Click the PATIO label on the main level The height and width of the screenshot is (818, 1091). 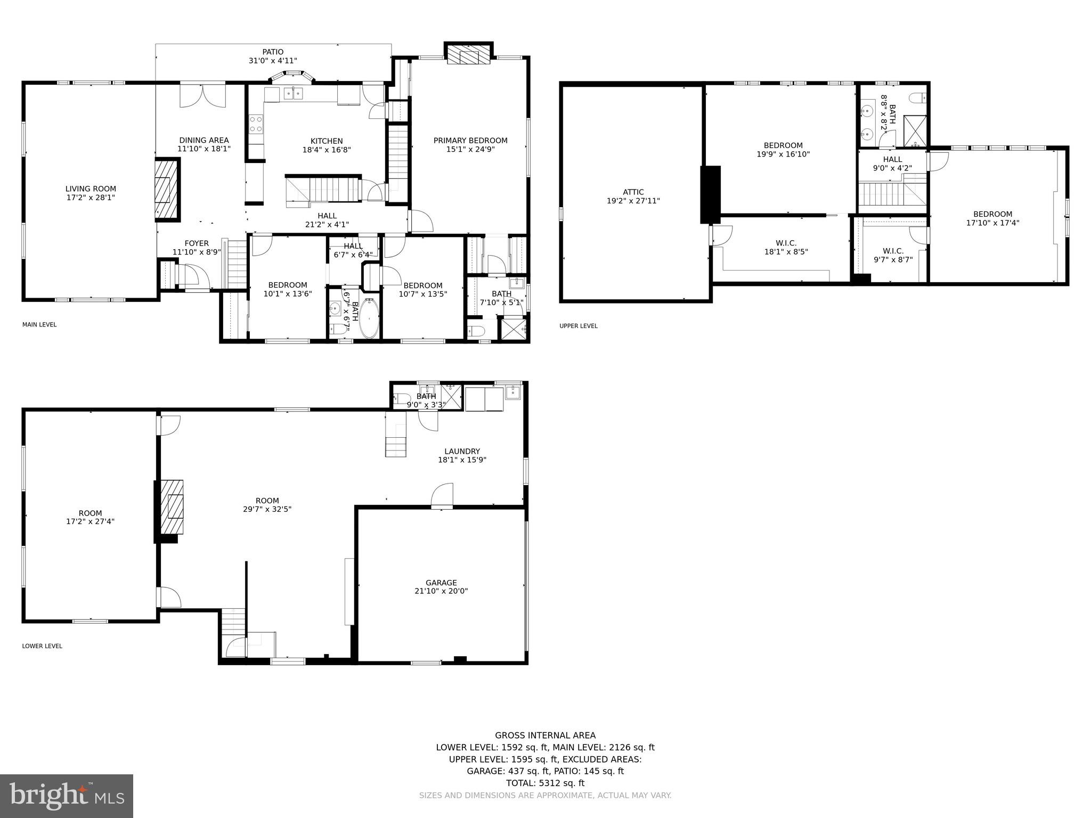pyautogui.click(x=273, y=52)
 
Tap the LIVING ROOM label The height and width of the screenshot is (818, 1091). pyautogui.click(x=91, y=189)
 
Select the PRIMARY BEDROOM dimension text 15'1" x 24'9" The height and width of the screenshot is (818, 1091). pyautogui.click(x=470, y=150)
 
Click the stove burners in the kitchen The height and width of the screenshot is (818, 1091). pyautogui.click(x=256, y=125)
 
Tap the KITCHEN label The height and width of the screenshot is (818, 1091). pyautogui.click(x=327, y=141)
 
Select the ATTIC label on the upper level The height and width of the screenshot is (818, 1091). pyautogui.click(x=633, y=192)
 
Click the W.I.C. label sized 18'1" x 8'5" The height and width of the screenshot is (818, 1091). pyautogui.click(x=786, y=243)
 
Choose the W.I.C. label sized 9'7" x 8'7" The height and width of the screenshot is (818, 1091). pyautogui.click(x=893, y=251)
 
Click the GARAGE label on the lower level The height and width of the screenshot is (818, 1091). pyautogui.click(x=441, y=583)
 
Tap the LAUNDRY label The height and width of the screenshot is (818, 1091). pyautogui.click(x=462, y=451)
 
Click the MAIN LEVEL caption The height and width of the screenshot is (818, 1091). pyautogui.click(x=39, y=325)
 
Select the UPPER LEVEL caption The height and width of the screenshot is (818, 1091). pyautogui.click(x=579, y=326)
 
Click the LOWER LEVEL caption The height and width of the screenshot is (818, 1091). pyautogui.click(x=42, y=646)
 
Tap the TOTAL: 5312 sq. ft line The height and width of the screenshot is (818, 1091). pyautogui.click(x=545, y=783)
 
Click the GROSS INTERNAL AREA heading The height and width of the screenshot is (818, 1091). pyautogui.click(x=545, y=735)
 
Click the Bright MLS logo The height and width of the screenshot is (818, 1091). pyautogui.click(x=67, y=796)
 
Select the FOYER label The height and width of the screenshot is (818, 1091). pyautogui.click(x=197, y=243)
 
